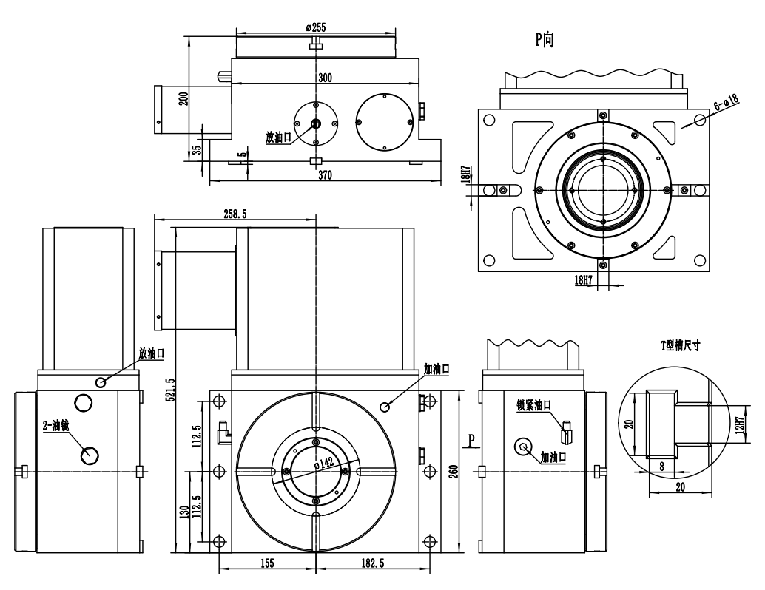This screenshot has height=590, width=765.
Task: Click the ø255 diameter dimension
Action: pyautogui.click(x=316, y=27)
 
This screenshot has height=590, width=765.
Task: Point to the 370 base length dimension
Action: pyautogui.click(x=325, y=175)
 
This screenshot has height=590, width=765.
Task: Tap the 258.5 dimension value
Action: pyautogui.click(x=235, y=214)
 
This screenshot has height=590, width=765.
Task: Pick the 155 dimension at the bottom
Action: pyautogui.click(x=267, y=563)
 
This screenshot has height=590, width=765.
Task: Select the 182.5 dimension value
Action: pyautogui.click(x=373, y=563)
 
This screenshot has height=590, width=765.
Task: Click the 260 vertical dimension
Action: pyautogui.click(x=454, y=472)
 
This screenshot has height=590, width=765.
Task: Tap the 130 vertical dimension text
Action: pyautogui.click(x=184, y=512)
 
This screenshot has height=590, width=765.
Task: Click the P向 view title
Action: pyautogui.click(x=545, y=39)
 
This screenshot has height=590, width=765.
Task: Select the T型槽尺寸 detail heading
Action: pyautogui.click(x=681, y=345)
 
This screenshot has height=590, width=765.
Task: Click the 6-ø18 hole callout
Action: pyautogui.click(x=727, y=101)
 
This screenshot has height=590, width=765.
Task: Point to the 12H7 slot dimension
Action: pyautogui.click(x=740, y=424)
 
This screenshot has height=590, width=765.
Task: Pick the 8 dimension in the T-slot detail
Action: pyautogui.click(x=662, y=467)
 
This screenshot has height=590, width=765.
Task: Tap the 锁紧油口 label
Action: pyautogui.click(x=535, y=404)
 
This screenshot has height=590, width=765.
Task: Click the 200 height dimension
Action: pyautogui.click(x=183, y=99)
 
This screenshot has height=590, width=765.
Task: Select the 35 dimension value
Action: pyautogui.click(x=196, y=149)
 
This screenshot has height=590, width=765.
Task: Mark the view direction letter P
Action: pyautogui.click(x=471, y=441)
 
